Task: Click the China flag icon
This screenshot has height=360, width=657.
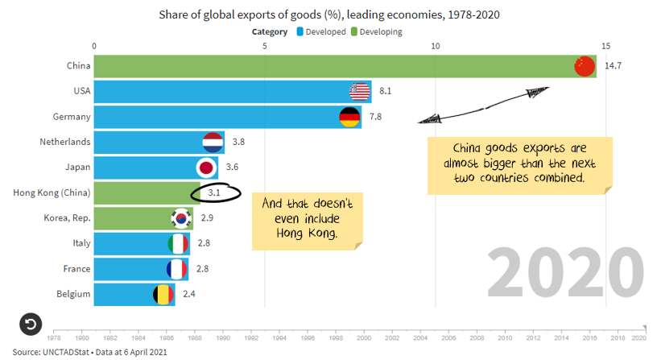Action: coord(584,66)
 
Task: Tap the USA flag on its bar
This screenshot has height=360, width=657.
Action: coord(359,92)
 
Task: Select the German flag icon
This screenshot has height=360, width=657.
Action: coord(349,118)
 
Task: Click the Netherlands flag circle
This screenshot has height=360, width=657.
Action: coord(213,143)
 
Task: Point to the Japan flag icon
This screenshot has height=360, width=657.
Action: coord(206,168)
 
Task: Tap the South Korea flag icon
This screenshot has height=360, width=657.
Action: coord(180,218)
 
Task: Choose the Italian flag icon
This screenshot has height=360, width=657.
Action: coord(177,243)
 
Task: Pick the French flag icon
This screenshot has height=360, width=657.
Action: coord(176,269)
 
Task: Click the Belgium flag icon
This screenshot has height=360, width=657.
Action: coord(163,294)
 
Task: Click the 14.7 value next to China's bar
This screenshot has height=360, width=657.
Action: coord(613,66)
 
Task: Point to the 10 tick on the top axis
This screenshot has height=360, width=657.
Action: coord(435,45)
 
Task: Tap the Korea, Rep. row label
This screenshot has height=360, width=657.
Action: coord(68,218)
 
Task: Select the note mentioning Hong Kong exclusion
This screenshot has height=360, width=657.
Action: coord(308,217)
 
